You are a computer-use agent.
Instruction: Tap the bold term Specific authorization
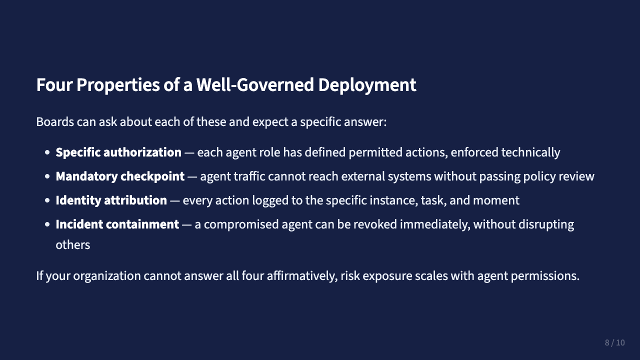click(118, 152)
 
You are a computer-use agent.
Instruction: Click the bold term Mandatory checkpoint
click(120, 176)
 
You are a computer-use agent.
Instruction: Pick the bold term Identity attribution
click(111, 200)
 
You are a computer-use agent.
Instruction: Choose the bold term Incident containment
click(117, 224)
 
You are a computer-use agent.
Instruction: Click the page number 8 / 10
click(614, 342)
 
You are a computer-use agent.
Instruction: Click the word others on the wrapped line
click(72, 245)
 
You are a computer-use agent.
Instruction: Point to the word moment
click(496, 200)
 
